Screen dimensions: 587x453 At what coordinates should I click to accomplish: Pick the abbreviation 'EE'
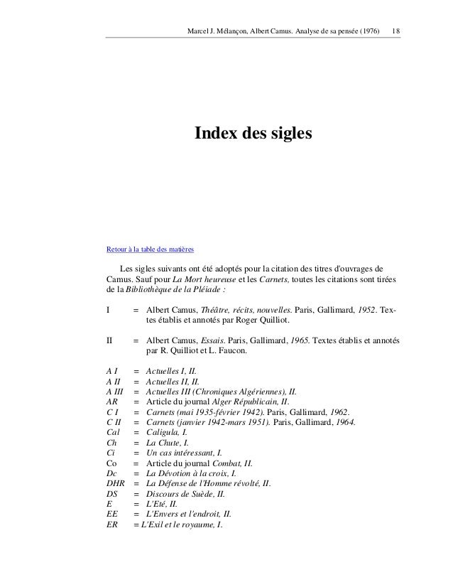[x=111, y=515]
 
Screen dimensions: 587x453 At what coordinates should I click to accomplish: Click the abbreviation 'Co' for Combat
[x=111, y=463]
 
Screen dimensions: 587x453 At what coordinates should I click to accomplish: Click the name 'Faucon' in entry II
[x=231, y=350]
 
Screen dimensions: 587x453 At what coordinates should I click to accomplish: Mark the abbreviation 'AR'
[x=111, y=402]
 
